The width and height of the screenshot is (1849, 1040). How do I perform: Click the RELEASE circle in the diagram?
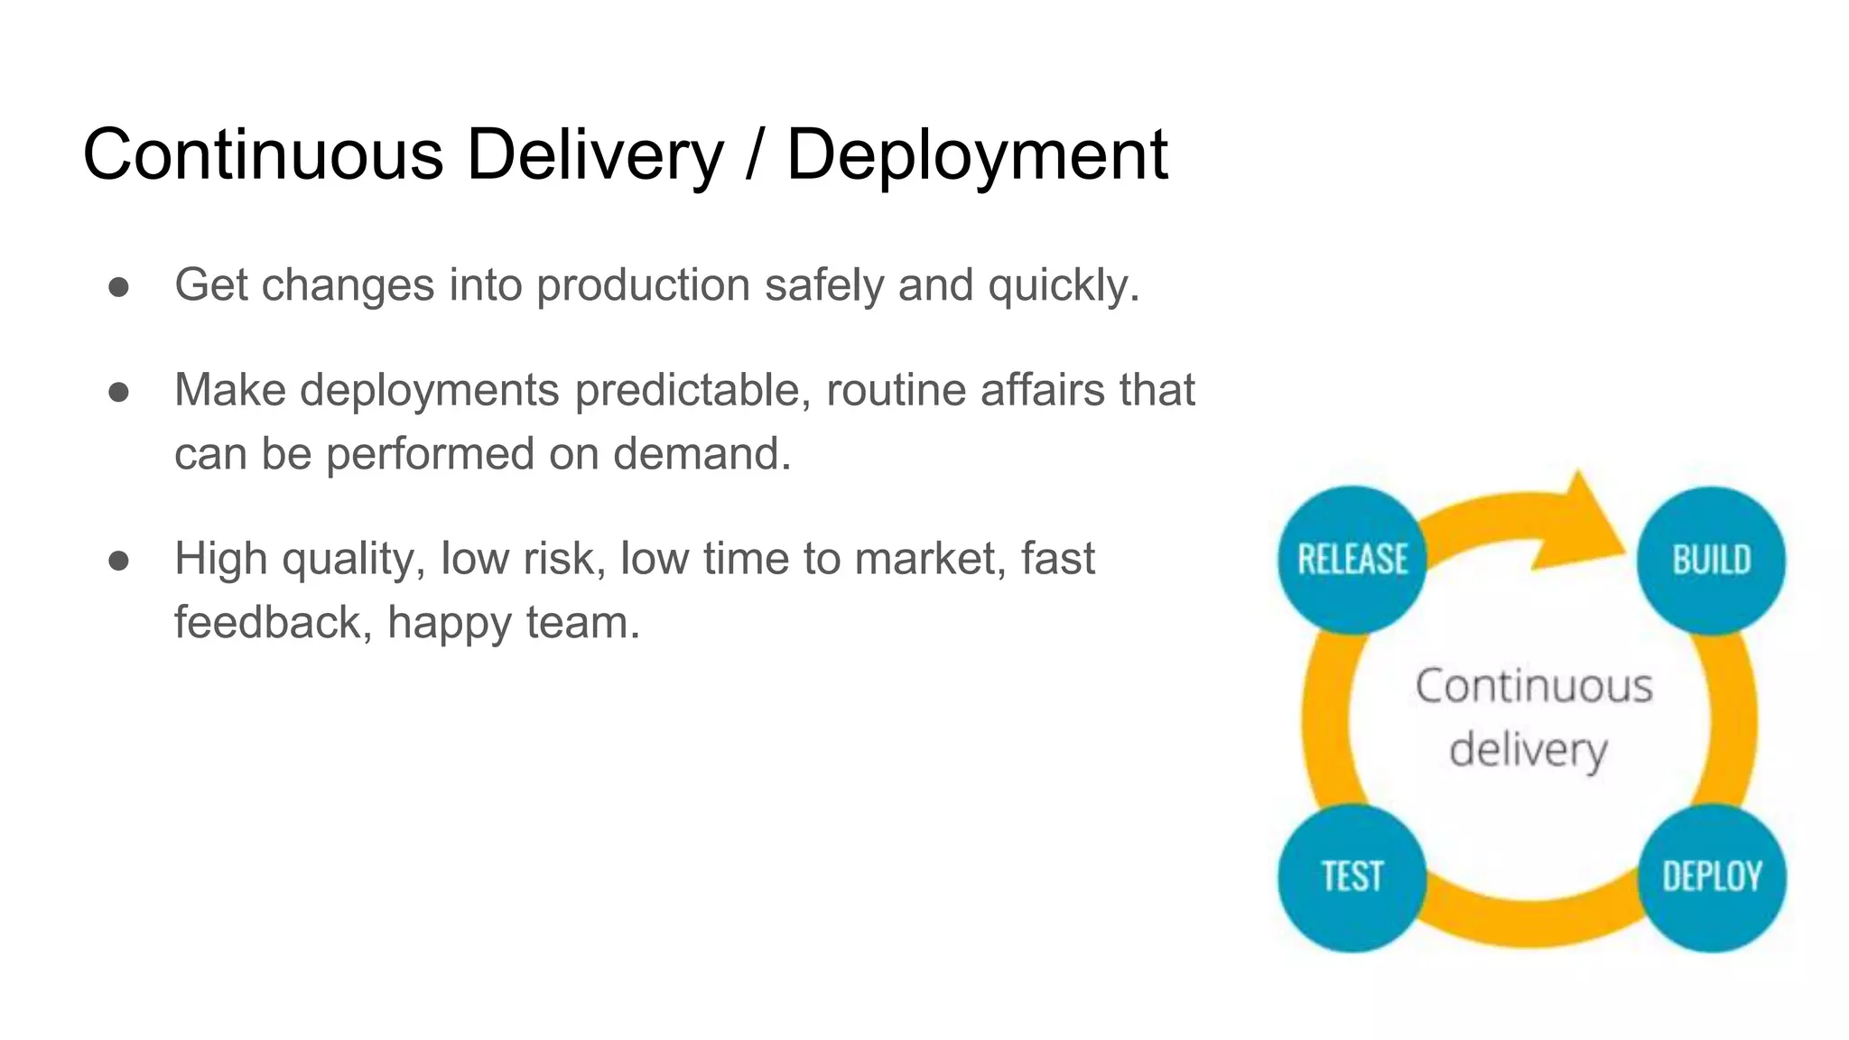coord(1352,560)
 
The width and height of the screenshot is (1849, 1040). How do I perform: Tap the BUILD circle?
coord(1711,560)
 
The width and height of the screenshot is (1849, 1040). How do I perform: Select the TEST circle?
coord(1352,877)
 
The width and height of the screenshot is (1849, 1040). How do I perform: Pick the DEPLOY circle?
coord(1712,877)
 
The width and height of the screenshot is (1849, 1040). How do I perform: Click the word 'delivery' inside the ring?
coord(1528,750)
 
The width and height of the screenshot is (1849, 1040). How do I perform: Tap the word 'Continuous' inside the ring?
coord(1534,686)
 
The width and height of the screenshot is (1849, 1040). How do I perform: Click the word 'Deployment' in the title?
coord(977,154)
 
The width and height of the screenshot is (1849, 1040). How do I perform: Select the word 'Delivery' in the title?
coord(595,154)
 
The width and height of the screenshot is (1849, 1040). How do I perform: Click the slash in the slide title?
coord(755,156)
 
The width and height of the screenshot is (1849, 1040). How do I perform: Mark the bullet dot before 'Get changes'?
coord(118,286)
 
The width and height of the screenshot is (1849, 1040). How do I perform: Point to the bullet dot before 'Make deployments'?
coord(118,392)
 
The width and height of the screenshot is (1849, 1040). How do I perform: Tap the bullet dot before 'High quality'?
coord(118,561)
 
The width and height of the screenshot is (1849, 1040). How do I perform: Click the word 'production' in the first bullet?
coord(643,285)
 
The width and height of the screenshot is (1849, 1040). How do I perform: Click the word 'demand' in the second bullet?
coord(696,453)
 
